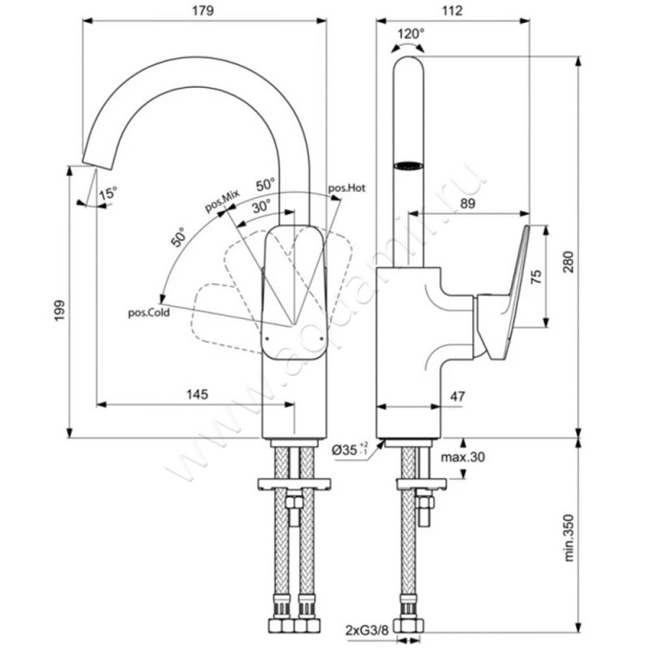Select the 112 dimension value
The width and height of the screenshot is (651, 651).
tap(452, 11)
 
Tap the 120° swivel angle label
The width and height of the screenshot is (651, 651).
tap(411, 34)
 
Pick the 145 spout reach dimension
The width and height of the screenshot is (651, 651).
tap(197, 394)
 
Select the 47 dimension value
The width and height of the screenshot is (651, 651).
tap(457, 396)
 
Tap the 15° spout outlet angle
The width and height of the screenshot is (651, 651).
tap(107, 194)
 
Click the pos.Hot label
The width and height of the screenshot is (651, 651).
tap(347, 188)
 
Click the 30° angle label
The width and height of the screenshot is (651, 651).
tap(260, 207)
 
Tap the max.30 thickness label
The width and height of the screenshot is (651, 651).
tap(463, 457)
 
